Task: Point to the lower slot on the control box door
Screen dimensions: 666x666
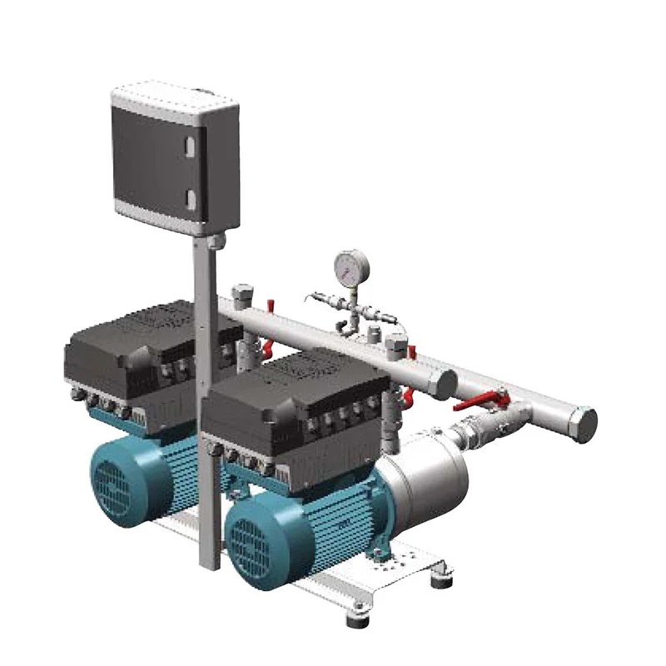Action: pyautogui.click(x=189, y=197)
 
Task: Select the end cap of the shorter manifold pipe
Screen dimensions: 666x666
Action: pyautogui.click(x=446, y=384)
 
